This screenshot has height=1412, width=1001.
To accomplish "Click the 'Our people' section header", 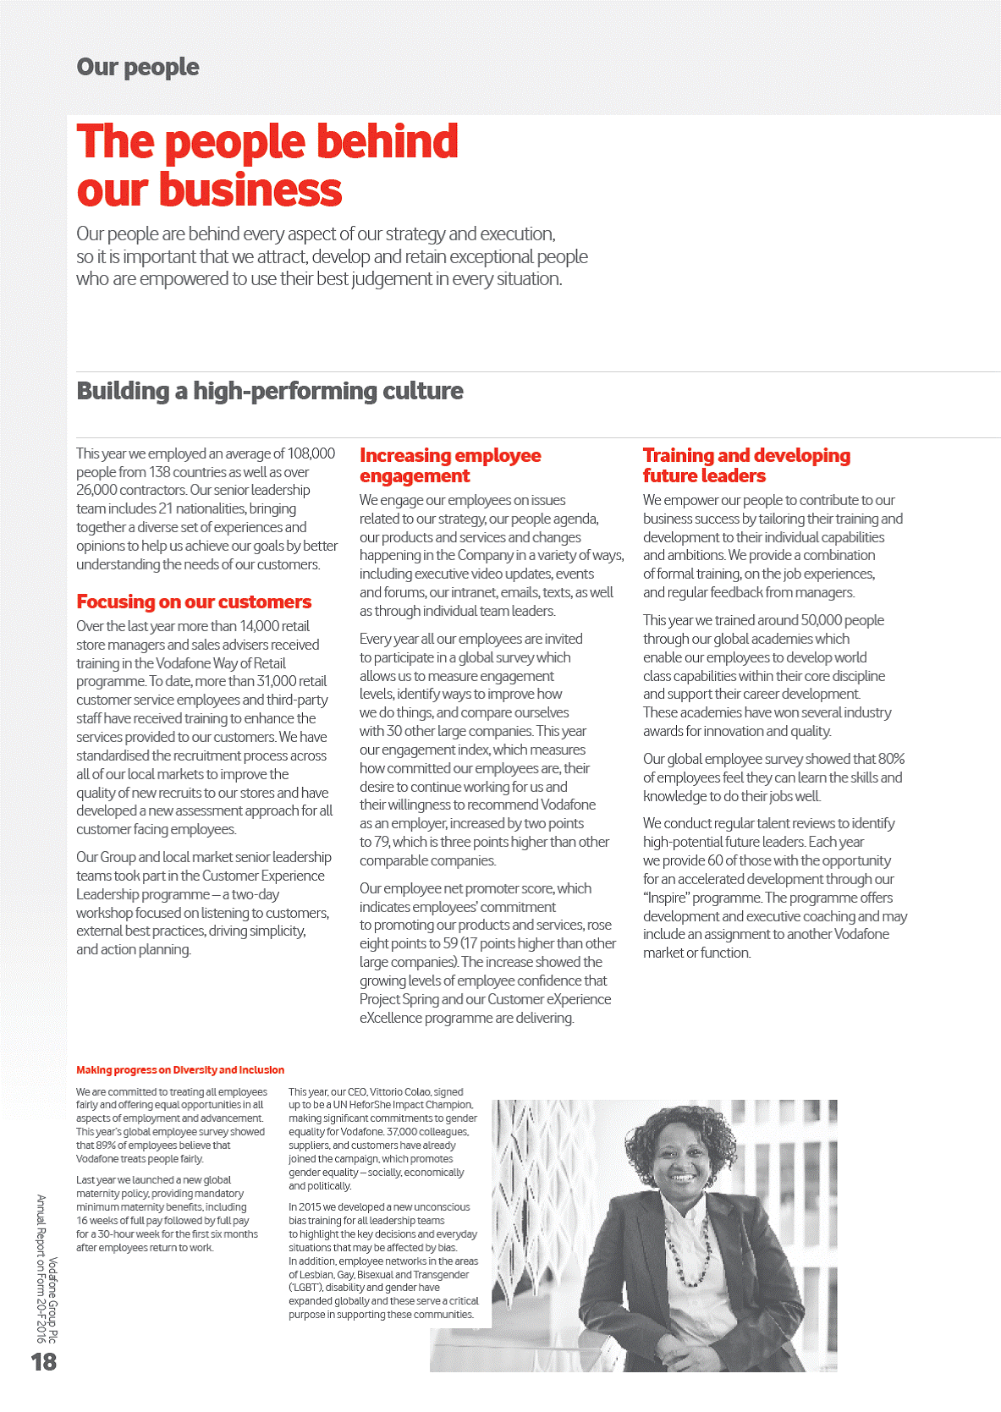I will (x=138, y=67).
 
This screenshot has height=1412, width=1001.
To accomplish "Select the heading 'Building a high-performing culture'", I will (x=270, y=391).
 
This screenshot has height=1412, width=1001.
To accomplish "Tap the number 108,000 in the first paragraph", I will (x=311, y=453).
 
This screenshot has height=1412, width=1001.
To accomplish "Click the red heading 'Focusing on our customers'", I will (x=194, y=602).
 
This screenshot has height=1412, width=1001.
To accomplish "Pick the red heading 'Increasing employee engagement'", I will (x=449, y=465).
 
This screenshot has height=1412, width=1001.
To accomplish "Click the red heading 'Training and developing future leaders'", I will (x=745, y=465).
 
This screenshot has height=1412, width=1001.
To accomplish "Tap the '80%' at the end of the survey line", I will (x=891, y=759).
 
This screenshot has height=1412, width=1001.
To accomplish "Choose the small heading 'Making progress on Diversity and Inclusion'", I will (x=180, y=1070).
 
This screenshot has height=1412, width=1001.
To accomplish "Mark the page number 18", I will (x=44, y=1361).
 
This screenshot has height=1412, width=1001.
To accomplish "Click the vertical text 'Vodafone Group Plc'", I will (x=52, y=1300).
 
